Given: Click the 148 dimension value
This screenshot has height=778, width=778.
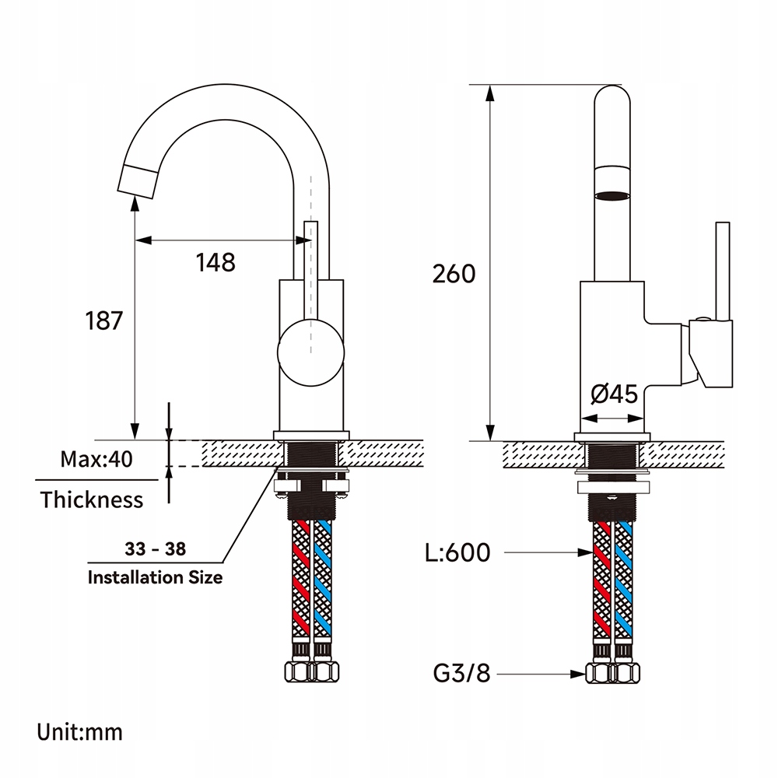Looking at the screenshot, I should (216, 262).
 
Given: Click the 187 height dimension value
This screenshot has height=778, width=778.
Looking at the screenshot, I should (103, 320).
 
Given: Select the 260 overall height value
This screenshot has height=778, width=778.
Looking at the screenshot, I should (454, 273).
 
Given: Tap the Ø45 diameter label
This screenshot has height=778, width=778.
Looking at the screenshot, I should (614, 394).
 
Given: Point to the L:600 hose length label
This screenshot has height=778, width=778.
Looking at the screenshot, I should (457, 553).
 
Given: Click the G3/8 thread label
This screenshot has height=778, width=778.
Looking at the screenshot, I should (461, 673).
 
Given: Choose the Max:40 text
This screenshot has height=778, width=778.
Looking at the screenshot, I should (96, 458).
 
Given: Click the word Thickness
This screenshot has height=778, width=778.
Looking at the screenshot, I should (92, 499).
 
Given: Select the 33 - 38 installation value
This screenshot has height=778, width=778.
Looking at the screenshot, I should (156, 548).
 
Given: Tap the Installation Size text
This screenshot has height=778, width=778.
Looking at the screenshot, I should (155, 577).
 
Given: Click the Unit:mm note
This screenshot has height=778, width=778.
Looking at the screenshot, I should (79, 731).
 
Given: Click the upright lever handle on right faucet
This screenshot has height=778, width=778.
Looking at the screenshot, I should (723, 272).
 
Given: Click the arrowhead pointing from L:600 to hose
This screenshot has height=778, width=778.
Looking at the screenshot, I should (587, 553).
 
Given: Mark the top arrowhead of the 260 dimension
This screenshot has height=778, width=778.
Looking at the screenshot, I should (490, 92).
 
